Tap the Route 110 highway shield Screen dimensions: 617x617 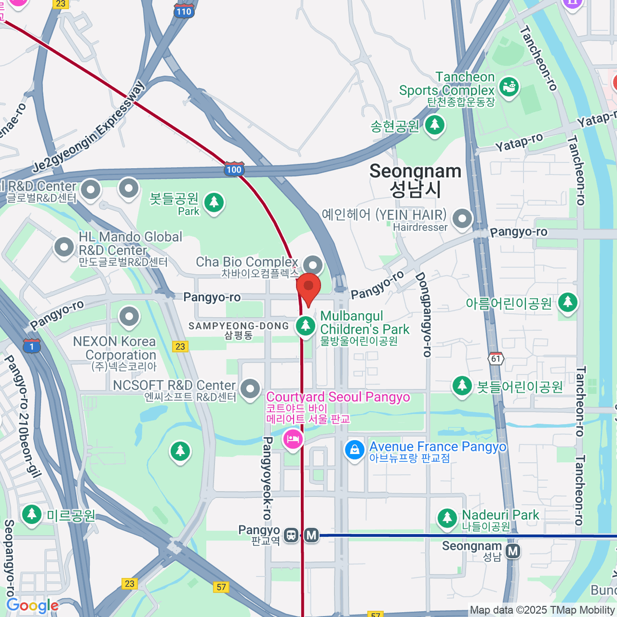183,11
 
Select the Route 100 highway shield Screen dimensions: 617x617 234,169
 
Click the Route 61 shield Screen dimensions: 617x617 496,358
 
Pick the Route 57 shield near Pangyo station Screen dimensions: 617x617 221,587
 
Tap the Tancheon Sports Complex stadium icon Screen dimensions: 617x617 509,87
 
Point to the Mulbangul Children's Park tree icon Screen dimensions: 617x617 306,325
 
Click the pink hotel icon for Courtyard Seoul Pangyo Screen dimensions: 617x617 293,440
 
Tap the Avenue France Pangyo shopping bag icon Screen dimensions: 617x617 355,450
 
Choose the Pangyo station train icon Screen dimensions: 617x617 292,535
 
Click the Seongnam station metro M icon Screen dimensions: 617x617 513,552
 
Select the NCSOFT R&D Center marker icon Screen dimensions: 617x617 250,389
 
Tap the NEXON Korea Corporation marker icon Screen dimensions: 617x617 129,317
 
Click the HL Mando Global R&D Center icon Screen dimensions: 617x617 64,247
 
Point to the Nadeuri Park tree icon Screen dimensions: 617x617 447,518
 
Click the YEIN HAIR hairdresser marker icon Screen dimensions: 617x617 462,219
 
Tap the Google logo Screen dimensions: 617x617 32,606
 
